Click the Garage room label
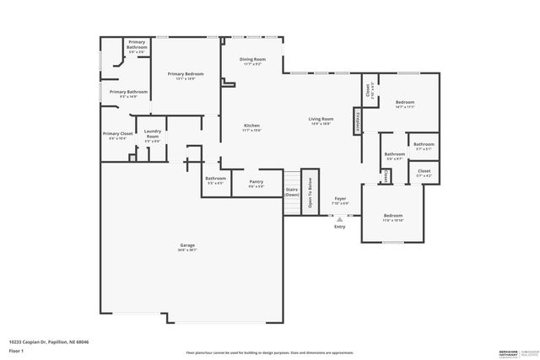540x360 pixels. [x=186, y=245]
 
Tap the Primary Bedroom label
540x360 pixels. [x=186, y=74]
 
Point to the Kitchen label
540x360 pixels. [x=251, y=126]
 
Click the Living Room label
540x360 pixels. [x=320, y=120]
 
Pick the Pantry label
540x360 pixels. [x=256, y=182]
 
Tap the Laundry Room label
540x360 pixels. [x=153, y=133]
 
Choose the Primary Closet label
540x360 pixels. [x=117, y=134]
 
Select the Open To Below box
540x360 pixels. [x=310, y=192]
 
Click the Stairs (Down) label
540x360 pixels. [x=291, y=192]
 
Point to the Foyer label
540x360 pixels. [x=340, y=198]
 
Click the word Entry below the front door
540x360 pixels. [x=340, y=226]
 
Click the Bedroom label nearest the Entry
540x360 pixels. [x=392, y=216]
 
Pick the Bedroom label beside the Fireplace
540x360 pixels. [x=405, y=103]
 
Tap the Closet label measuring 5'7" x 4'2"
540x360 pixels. [x=424, y=171]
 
